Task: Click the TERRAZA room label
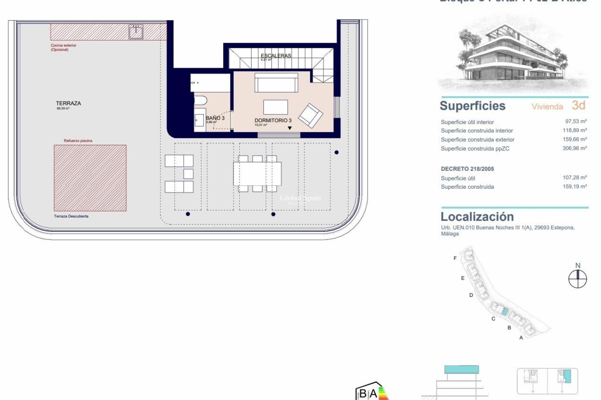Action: click(68, 103)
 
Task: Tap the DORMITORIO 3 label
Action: click(273, 120)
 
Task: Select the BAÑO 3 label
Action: click(215, 118)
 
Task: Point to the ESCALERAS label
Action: click(276, 56)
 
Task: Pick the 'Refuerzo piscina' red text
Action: click(78, 141)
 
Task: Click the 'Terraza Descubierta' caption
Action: click(71, 216)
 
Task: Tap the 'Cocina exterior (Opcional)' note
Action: click(64, 47)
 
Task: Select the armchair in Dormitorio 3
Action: click(311, 115)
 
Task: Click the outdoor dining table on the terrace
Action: click(257, 173)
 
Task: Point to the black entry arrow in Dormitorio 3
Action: click(290, 128)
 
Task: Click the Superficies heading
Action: click(472, 106)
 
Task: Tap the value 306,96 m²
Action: click(574, 148)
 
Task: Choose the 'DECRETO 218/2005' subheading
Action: click(467, 169)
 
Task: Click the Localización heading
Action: click(477, 217)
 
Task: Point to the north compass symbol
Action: click(578, 279)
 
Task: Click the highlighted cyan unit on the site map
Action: click(504, 311)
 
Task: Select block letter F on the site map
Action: click(455, 258)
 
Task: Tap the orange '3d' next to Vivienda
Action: click(578, 106)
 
